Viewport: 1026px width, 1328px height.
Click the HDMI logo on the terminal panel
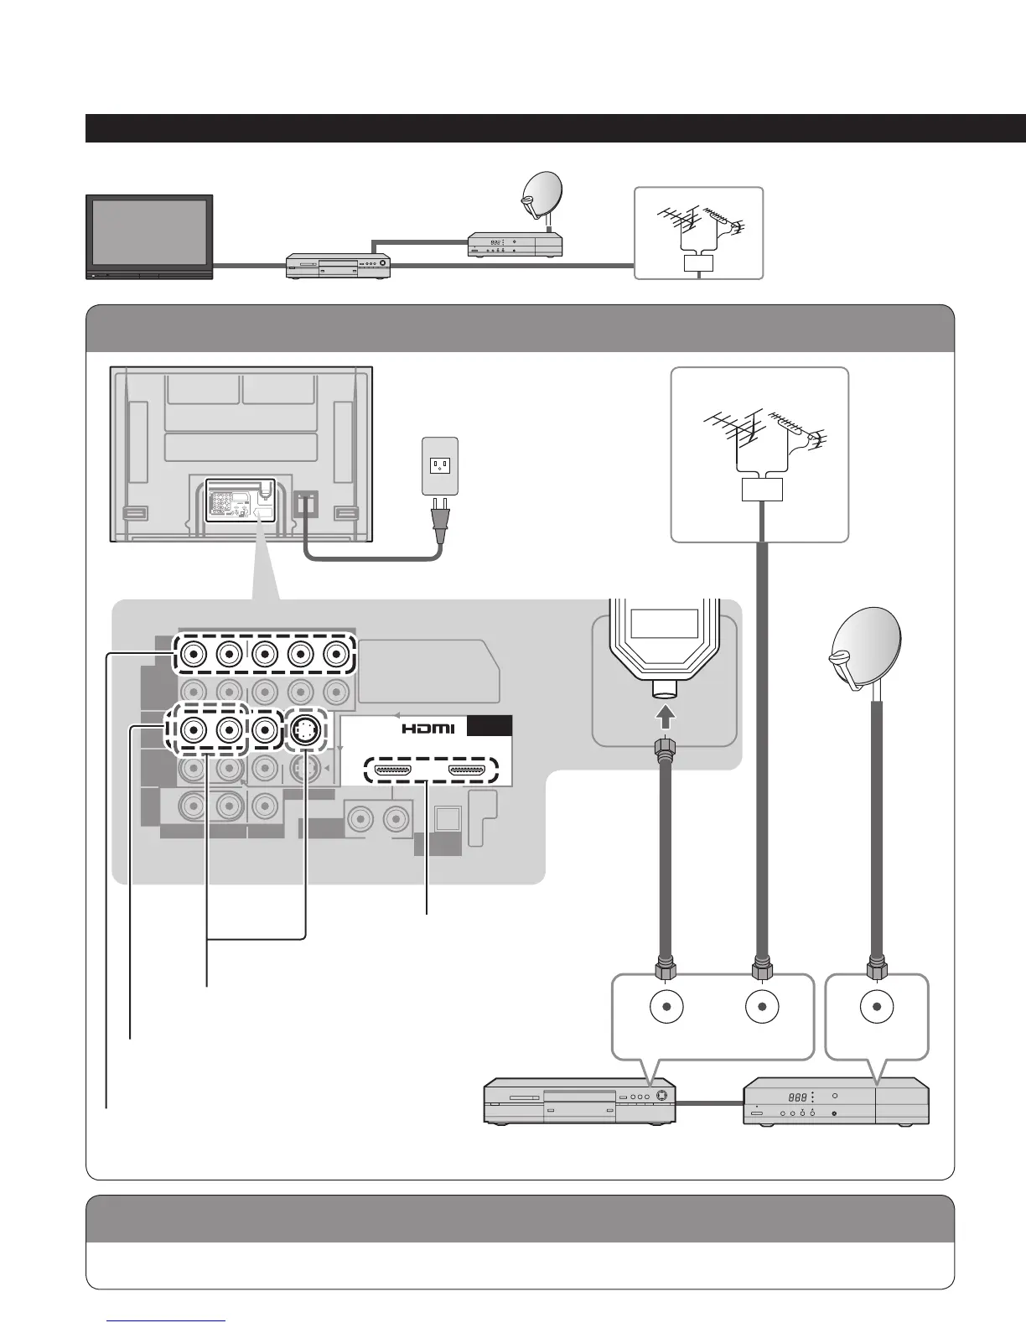[428, 729]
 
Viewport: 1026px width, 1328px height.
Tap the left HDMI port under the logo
[391, 769]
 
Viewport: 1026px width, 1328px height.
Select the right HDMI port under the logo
[467, 769]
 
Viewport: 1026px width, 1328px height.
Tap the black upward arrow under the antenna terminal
[664, 716]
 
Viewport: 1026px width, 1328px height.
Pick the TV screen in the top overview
[150, 231]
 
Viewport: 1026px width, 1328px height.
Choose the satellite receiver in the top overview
[514, 245]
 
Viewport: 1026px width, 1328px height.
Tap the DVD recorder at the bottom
[579, 1102]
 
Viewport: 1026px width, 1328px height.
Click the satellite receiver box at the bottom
[836, 1101]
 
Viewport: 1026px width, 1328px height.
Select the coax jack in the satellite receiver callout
[877, 1007]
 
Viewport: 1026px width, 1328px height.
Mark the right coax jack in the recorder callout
[762, 1007]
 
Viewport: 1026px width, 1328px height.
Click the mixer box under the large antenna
[762, 490]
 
